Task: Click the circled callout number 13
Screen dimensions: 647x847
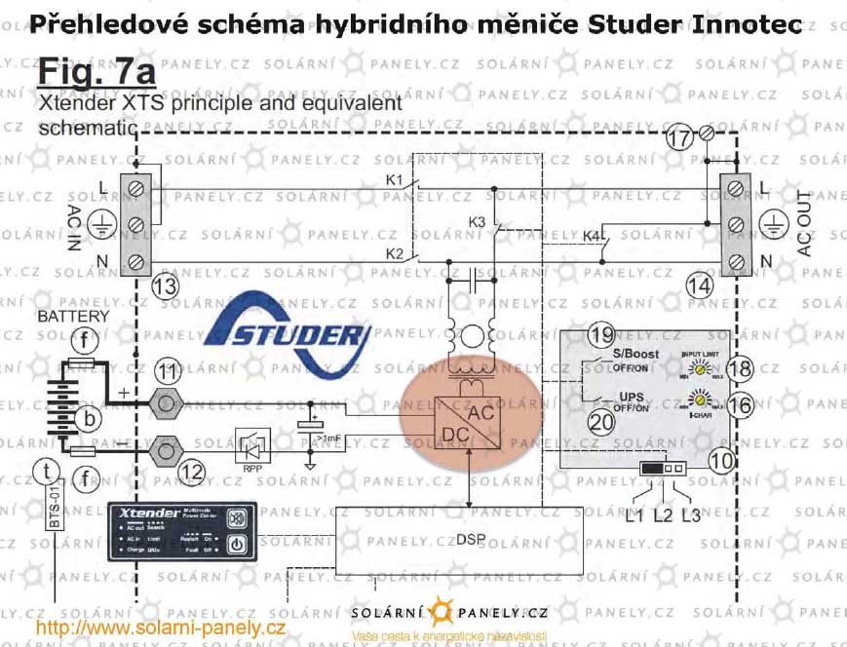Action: pyautogui.click(x=167, y=286)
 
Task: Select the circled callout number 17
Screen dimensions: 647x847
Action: pyautogui.click(x=679, y=138)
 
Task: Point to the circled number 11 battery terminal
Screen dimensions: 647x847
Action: pyautogui.click(x=168, y=371)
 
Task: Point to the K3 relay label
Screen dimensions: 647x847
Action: pyautogui.click(x=477, y=222)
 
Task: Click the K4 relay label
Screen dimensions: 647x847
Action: pyautogui.click(x=593, y=237)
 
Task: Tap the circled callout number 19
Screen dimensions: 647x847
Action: pyautogui.click(x=601, y=336)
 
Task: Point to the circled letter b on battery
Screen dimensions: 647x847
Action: pyautogui.click(x=91, y=420)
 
